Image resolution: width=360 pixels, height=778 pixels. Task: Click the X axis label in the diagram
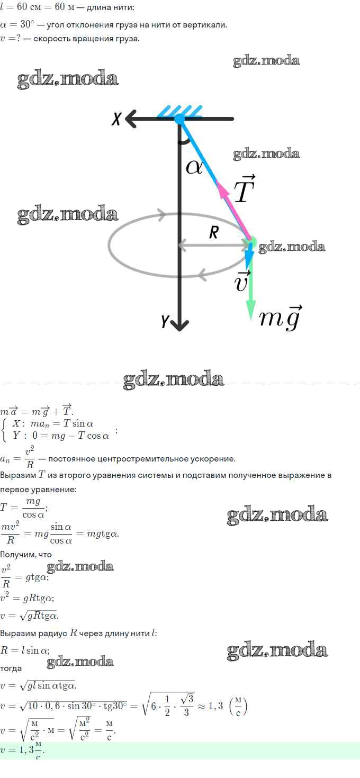point(116,118)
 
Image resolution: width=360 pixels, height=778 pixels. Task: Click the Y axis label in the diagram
point(165,322)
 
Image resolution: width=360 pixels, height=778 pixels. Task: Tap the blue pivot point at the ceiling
point(179,119)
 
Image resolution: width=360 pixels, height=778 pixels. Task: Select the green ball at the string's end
point(251,242)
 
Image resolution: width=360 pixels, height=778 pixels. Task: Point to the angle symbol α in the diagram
point(194,167)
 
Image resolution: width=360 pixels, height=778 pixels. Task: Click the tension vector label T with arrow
point(245,188)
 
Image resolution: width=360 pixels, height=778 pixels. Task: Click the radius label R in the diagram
point(214,232)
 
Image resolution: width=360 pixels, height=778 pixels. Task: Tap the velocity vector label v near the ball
point(242,281)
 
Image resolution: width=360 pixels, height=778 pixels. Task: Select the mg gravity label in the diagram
point(281,318)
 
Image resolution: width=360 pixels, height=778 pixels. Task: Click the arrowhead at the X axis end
point(131,119)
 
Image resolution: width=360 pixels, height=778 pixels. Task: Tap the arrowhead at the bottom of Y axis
point(179,325)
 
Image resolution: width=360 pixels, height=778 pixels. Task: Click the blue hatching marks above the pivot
point(179,111)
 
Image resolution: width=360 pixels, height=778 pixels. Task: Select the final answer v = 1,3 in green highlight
point(22,750)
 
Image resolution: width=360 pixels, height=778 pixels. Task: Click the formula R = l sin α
point(25,650)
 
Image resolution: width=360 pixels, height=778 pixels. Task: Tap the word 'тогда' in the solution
point(11,668)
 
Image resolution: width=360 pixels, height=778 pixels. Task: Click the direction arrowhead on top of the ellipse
point(161,214)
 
